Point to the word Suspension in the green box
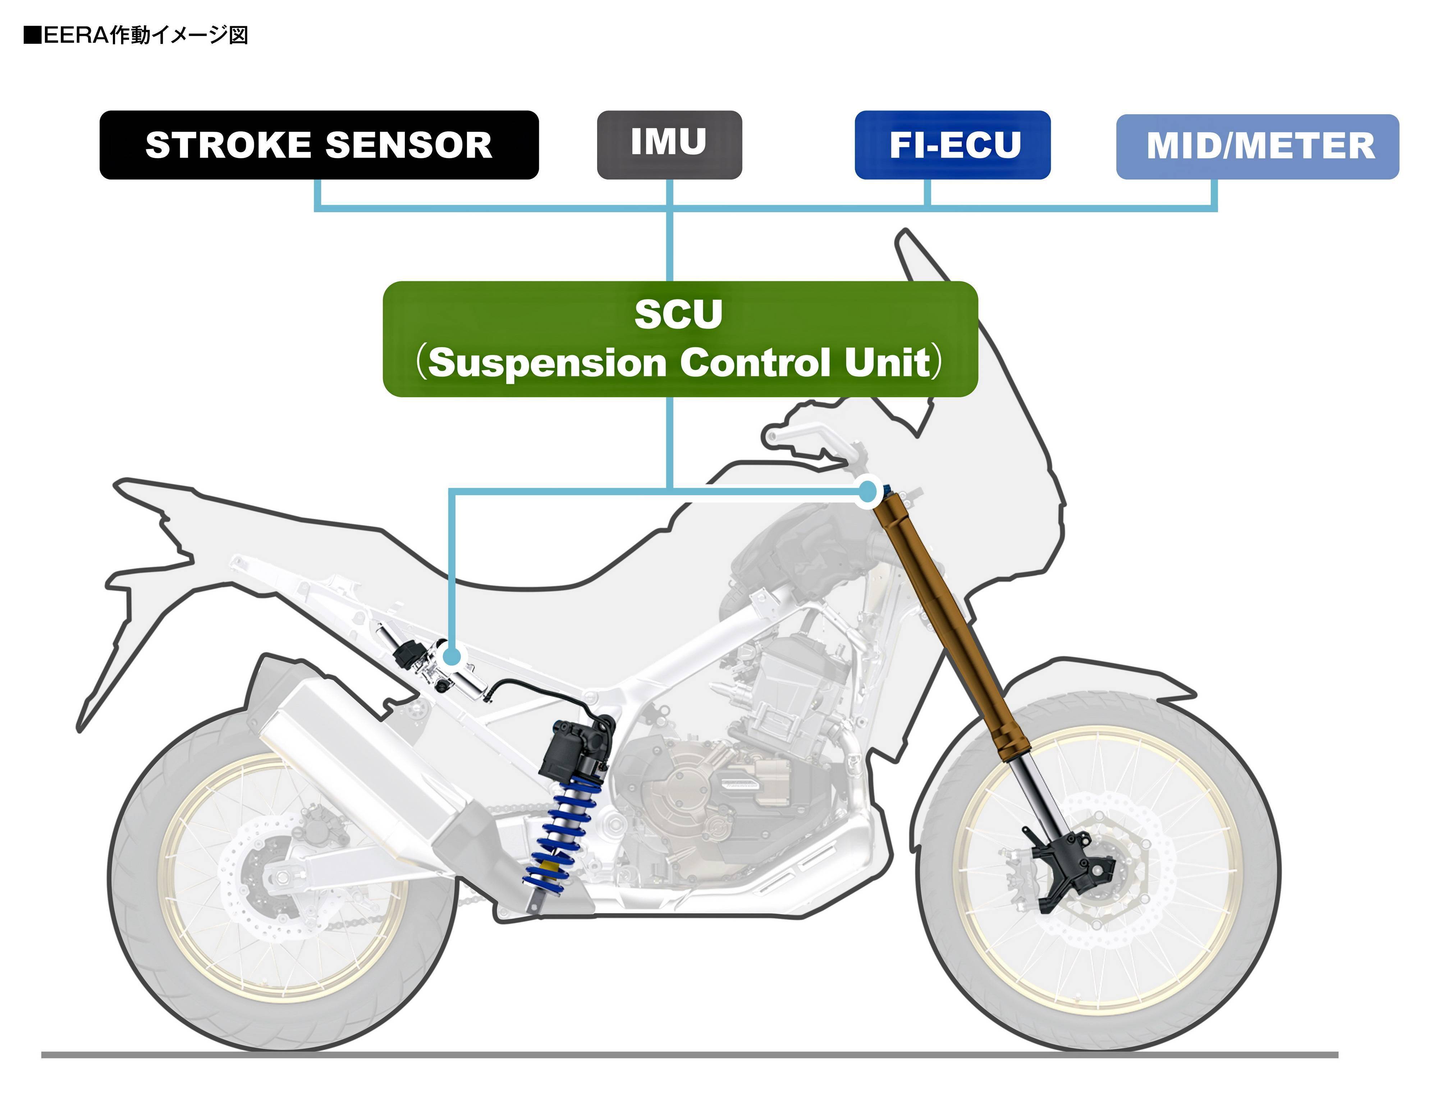pos(548,363)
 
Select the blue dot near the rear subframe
pos(452,656)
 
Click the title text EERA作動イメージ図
pos(136,35)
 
